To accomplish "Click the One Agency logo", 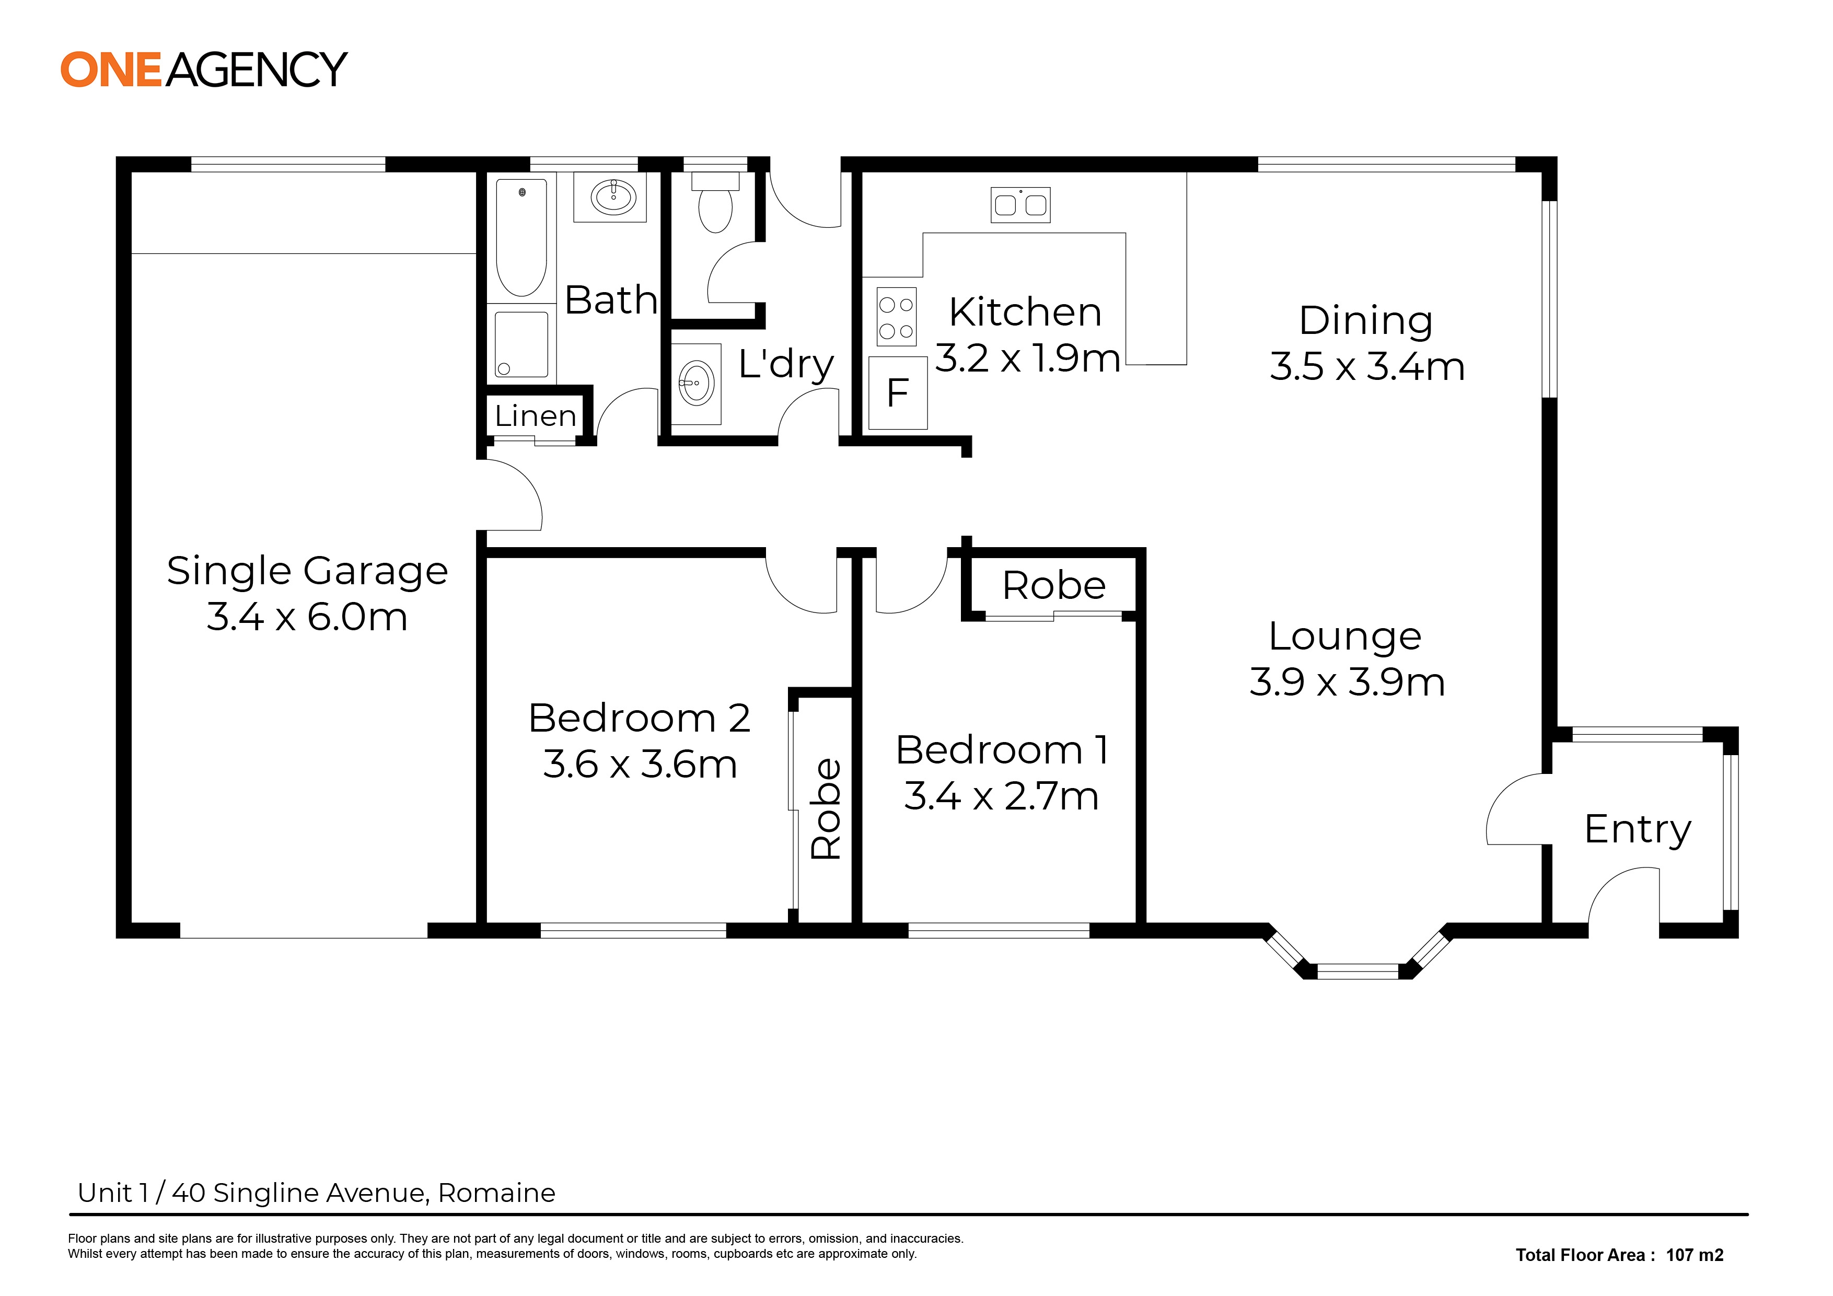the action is (x=204, y=70).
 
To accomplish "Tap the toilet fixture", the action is (x=715, y=203).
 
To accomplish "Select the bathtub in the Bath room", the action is (x=521, y=237).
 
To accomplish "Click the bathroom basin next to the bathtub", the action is (x=612, y=197).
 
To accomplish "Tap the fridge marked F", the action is (x=898, y=393).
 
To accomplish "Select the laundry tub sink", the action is (x=696, y=383).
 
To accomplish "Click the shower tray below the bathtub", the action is (x=521, y=344).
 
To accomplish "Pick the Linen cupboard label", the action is (x=536, y=416).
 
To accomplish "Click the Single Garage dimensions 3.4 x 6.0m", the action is (x=307, y=617).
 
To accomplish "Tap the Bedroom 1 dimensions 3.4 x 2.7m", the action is (x=1001, y=796).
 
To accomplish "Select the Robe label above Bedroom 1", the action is (x=1054, y=586).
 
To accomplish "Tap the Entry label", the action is (x=1638, y=830).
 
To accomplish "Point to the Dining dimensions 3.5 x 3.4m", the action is (x=1367, y=366).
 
